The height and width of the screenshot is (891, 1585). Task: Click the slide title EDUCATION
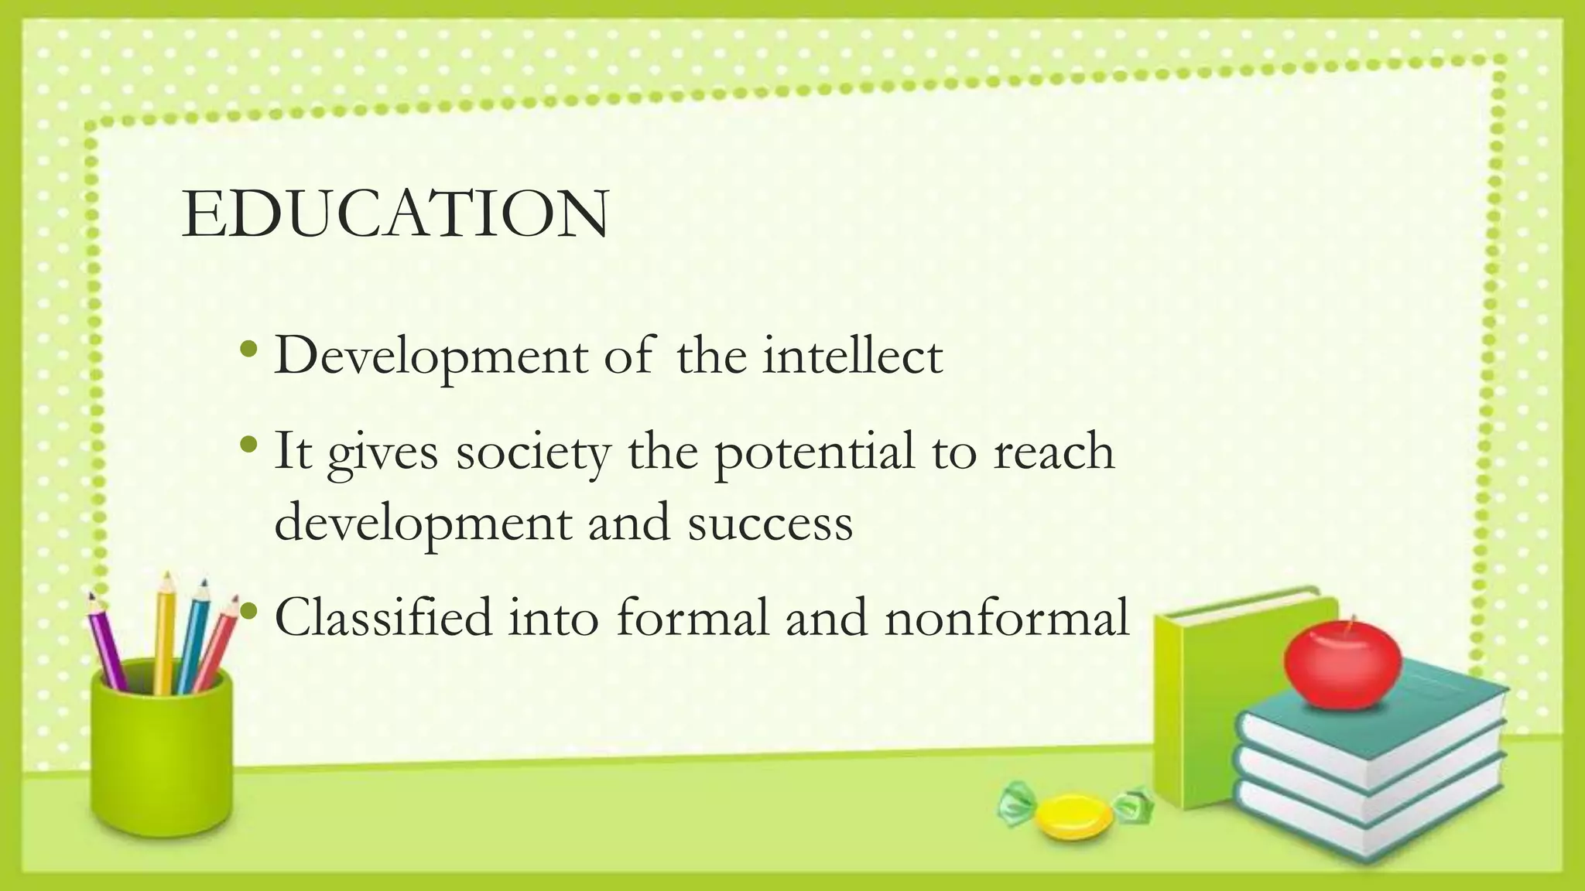395,214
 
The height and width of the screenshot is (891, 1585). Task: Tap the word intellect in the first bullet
852,357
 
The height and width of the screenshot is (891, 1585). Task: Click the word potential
813,453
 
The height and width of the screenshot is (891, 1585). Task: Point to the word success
770,523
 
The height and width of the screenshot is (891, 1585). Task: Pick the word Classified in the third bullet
383,618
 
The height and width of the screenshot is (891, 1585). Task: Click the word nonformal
1007,619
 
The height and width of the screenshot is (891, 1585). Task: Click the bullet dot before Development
248,350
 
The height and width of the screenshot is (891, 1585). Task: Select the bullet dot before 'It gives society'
248,445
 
